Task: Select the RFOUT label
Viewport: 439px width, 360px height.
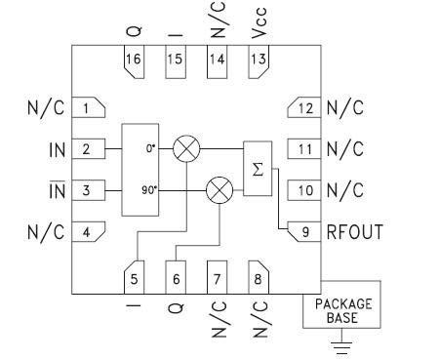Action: (354, 232)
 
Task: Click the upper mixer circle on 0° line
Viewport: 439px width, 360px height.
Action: (185, 149)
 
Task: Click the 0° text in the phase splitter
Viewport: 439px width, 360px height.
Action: (148, 150)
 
